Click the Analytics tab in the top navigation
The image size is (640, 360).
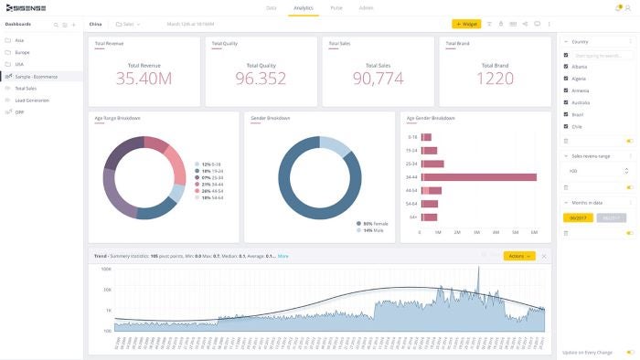(x=303, y=7)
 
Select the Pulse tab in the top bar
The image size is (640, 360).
(x=336, y=7)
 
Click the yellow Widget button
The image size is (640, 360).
(x=466, y=24)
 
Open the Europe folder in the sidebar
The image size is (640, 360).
(x=22, y=52)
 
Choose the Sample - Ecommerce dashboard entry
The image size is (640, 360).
(x=37, y=76)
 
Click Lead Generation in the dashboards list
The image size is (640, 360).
(x=32, y=100)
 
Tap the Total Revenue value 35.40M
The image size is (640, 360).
(x=144, y=79)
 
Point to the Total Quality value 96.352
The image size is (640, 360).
(x=261, y=79)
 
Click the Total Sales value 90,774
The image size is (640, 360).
(x=378, y=79)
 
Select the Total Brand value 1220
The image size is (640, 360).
(x=495, y=79)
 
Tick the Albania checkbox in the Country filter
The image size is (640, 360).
(x=566, y=67)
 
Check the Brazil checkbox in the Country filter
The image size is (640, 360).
(x=566, y=114)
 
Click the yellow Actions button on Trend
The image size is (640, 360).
(x=518, y=256)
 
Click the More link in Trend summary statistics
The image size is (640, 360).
(x=283, y=256)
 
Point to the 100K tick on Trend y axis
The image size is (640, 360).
(x=106, y=270)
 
